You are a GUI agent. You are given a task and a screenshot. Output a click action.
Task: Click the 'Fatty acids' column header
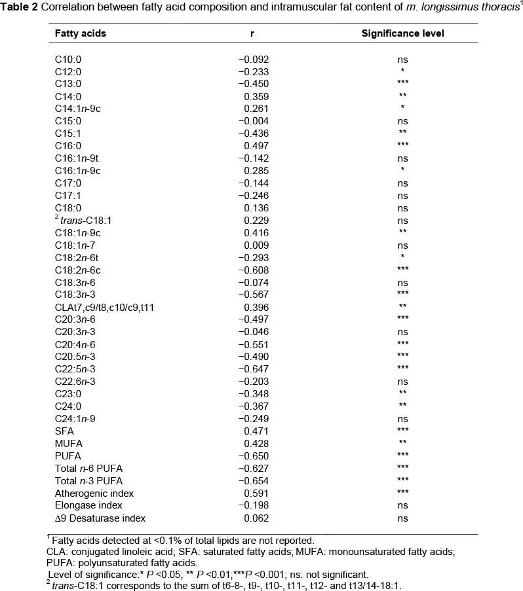coord(81,32)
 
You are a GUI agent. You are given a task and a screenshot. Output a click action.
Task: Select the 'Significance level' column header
coord(403,32)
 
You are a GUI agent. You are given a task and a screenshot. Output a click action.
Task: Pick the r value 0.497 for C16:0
coord(256,146)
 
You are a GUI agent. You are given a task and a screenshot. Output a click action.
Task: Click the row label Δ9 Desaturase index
coord(100,518)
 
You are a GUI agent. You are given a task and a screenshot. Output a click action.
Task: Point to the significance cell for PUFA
coord(402,456)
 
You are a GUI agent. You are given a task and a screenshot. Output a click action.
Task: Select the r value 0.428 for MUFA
coord(256,443)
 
